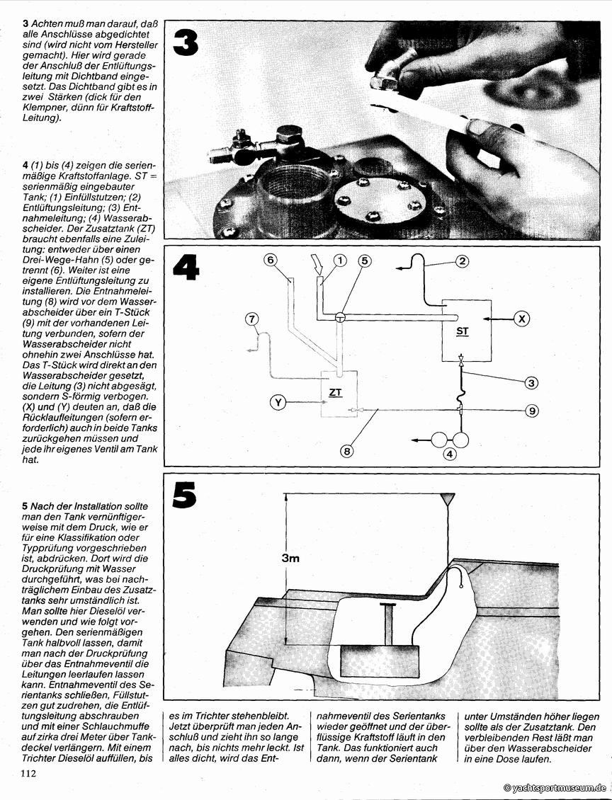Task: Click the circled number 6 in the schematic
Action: (x=270, y=260)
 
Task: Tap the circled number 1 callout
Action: (x=340, y=261)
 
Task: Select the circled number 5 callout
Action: (x=365, y=261)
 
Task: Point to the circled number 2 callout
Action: (x=462, y=261)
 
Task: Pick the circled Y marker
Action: (x=278, y=403)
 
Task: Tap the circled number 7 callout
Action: (x=254, y=319)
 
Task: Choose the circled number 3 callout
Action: (x=531, y=383)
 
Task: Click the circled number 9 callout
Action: (x=531, y=411)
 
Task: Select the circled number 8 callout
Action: (x=348, y=449)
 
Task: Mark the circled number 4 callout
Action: (x=450, y=455)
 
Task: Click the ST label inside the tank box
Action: (x=463, y=331)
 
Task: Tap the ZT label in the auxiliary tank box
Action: (x=336, y=391)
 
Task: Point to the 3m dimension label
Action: (x=290, y=558)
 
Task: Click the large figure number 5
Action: (x=183, y=496)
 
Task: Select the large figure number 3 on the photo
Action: (x=185, y=42)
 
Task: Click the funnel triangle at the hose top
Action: (x=448, y=499)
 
